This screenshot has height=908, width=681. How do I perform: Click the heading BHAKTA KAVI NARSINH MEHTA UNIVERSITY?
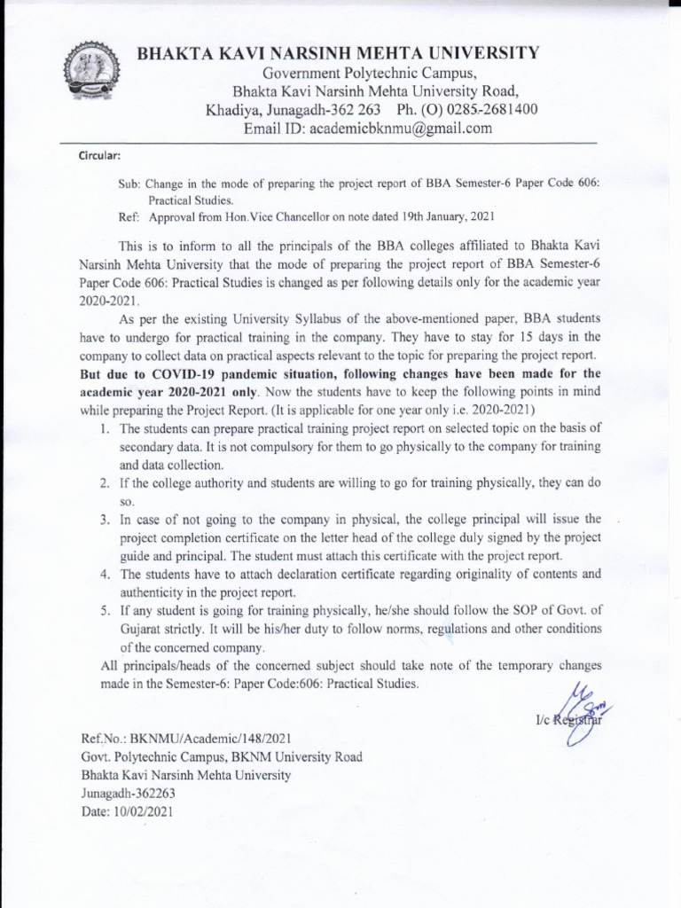pyautogui.click(x=338, y=53)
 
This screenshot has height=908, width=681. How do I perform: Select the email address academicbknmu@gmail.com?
pyautogui.click(x=398, y=129)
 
